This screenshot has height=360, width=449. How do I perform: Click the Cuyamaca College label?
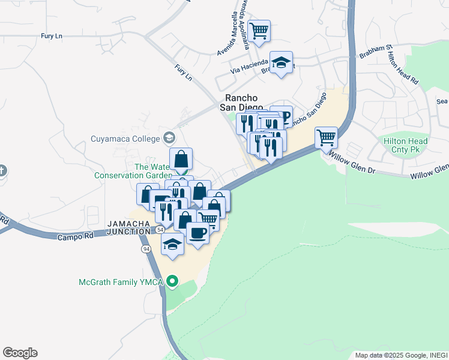[125, 139]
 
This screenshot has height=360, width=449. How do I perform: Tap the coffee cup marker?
[197, 233]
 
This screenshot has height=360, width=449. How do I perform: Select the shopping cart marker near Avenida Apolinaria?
[259, 31]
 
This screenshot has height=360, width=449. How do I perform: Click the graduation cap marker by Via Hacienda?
[280, 62]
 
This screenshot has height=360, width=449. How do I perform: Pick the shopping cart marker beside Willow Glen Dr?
[326, 137]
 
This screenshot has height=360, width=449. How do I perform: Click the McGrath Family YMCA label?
[122, 281]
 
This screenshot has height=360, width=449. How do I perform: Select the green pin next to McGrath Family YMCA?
[173, 281]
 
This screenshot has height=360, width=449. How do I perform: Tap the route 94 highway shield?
[146, 248]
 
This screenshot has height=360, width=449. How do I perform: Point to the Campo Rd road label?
[76, 236]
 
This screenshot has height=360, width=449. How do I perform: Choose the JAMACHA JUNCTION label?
[128, 227]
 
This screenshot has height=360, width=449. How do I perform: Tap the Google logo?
[20, 353]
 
